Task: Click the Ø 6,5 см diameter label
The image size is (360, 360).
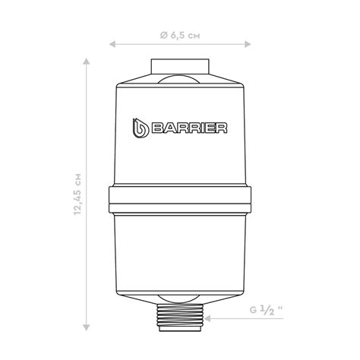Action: (180, 36)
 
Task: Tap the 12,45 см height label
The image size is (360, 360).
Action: (77, 194)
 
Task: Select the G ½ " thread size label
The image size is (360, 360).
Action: (267, 310)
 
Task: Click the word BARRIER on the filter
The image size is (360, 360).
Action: (189, 128)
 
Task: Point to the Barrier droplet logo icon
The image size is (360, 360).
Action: (140, 128)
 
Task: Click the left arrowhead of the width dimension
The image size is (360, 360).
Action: (112, 44)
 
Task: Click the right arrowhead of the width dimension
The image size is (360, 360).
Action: (248, 44)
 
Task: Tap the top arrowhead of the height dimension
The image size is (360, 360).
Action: (87, 62)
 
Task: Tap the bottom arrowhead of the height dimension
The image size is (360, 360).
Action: (87, 327)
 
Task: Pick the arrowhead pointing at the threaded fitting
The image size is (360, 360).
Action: (208, 318)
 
